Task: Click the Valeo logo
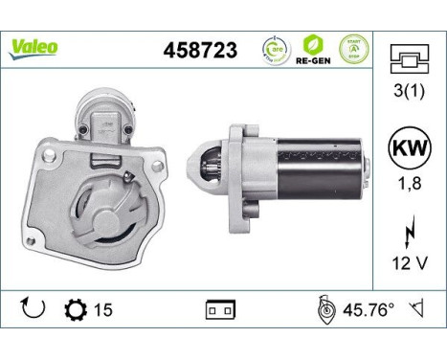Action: tap(34, 47)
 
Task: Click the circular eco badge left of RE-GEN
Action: tap(276, 49)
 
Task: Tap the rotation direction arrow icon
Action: tap(33, 309)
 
